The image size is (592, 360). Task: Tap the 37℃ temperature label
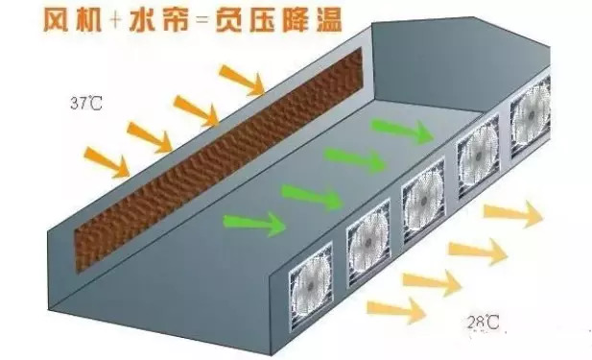pyautogui.click(x=82, y=101)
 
